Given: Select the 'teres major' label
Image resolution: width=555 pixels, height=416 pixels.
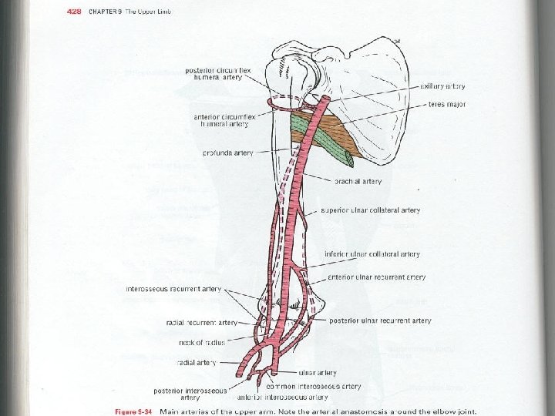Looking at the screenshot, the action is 447,104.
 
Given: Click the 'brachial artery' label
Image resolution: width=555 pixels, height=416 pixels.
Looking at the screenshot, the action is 358,182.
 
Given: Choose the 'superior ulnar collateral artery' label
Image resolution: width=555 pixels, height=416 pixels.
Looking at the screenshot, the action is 370,210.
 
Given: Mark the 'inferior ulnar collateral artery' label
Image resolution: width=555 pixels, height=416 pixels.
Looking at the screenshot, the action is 372,254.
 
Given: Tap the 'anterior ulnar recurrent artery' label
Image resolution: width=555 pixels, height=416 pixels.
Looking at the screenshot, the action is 376,277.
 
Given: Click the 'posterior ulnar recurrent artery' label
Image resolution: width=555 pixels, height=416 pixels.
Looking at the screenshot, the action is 380,320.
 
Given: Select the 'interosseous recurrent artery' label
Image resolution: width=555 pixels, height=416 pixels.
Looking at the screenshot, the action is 173,290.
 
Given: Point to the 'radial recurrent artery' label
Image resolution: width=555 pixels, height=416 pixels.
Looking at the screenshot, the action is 202,322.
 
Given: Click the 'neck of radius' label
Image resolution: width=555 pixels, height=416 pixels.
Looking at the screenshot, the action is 203,341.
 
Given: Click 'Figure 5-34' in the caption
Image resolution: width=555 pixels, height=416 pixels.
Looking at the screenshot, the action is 135,411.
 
